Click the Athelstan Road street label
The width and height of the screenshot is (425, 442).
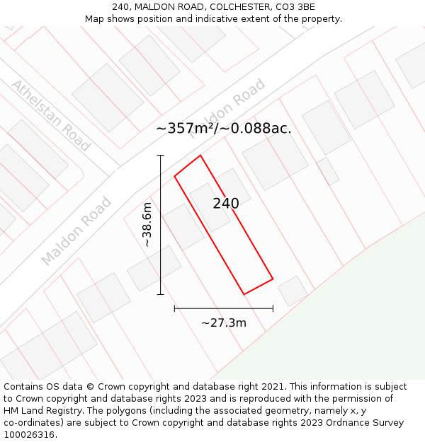(51, 115)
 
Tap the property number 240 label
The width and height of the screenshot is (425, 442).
(226, 204)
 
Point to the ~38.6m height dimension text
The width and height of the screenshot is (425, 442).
(147, 224)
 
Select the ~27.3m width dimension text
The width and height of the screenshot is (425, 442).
(224, 323)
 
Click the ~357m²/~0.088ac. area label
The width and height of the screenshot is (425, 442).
(224, 129)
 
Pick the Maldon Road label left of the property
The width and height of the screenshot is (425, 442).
(76, 231)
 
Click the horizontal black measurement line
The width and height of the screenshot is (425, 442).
(224, 308)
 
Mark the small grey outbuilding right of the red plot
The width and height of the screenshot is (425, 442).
(293, 291)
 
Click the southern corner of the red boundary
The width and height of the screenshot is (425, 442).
(244, 294)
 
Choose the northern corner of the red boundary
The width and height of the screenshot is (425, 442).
(200, 156)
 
